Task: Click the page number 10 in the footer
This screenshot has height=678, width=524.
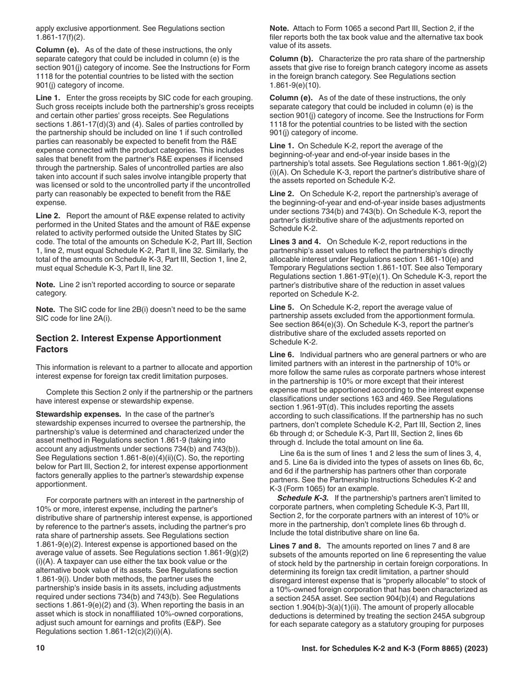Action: pos(40,649)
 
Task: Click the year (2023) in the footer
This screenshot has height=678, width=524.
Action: pos(477,649)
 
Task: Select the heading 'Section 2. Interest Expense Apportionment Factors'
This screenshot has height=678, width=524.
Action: pos(128,343)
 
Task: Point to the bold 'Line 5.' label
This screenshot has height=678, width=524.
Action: pos(282,307)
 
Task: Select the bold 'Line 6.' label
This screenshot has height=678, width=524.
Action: pos(282,354)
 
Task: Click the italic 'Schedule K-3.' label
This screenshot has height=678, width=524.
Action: pos(302,498)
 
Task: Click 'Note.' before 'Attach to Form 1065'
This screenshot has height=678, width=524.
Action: pos(279,28)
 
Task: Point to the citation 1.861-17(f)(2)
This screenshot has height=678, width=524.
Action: pos(61,37)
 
